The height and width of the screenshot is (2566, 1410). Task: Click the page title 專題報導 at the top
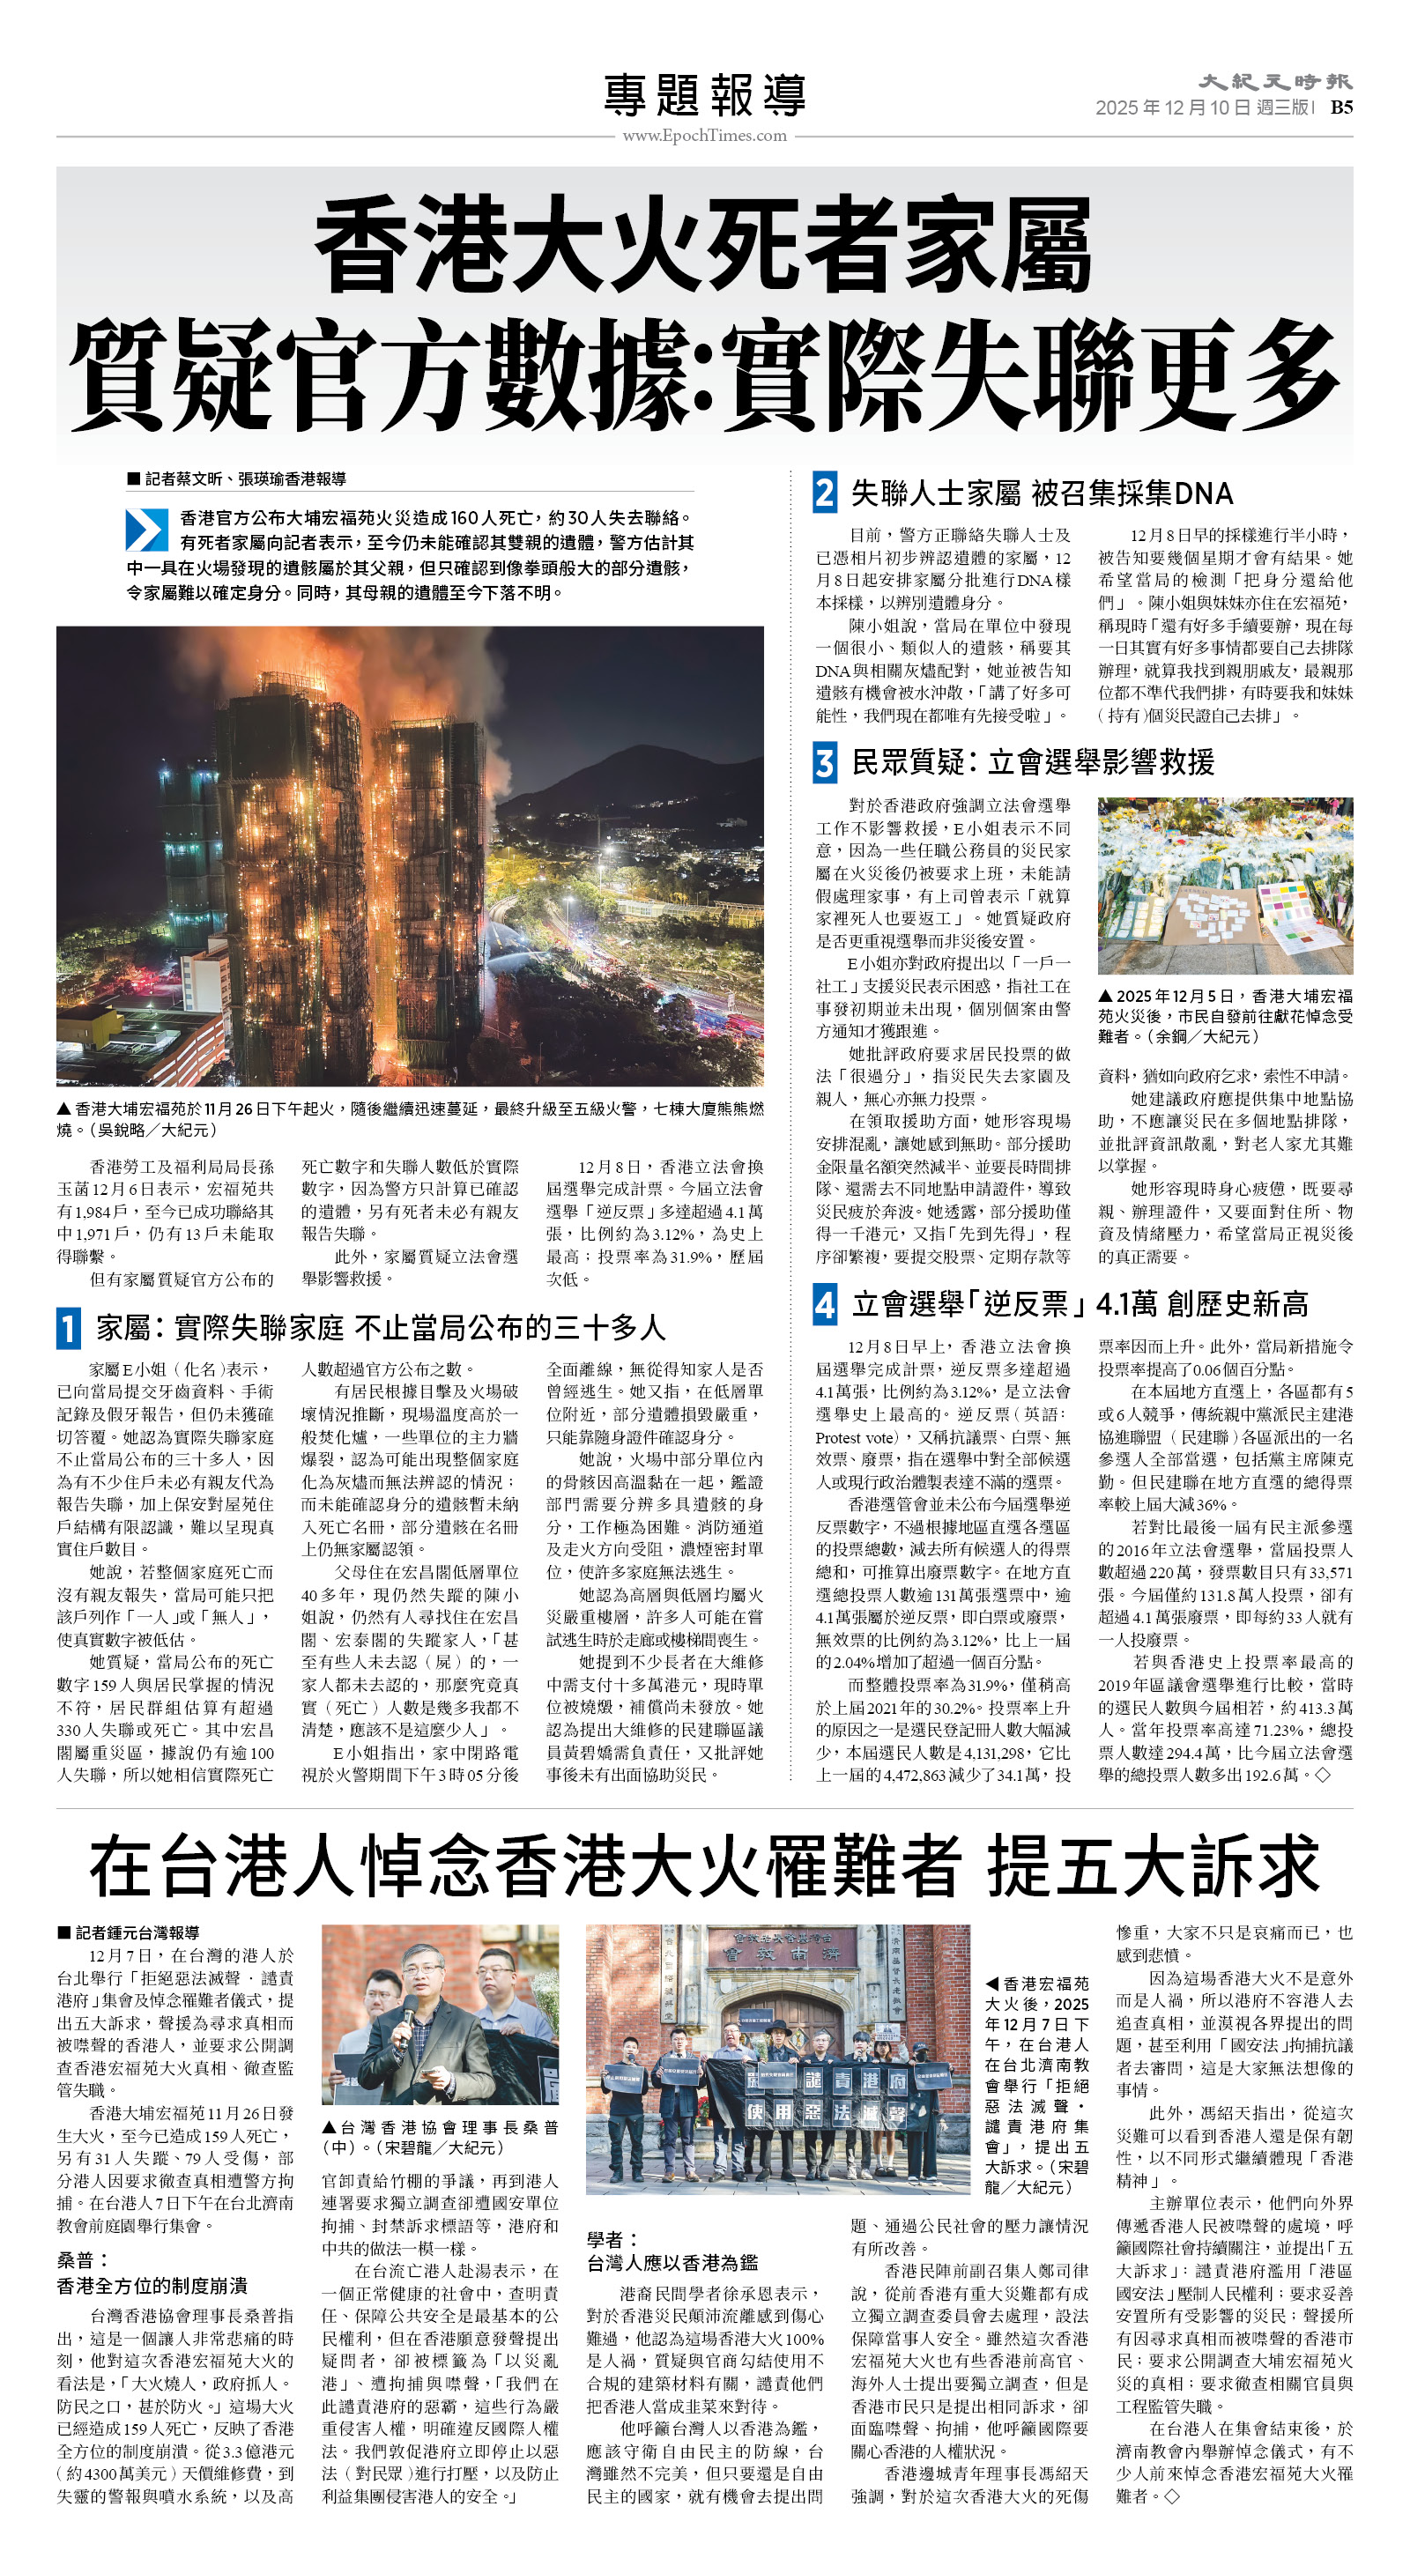tap(704, 96)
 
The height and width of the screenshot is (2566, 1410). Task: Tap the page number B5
tap(1340, 108)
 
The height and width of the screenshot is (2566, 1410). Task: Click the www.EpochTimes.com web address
tap(704, 136)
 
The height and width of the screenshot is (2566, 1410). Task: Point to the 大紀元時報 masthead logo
tap(1274, 82)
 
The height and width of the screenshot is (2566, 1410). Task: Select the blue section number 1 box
tap(68, 1328)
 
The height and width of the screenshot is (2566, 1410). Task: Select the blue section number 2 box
tap(824, 493)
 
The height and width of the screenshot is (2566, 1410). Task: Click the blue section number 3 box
tap(824, 763)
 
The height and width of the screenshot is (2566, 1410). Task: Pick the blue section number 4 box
tap(824, 1304)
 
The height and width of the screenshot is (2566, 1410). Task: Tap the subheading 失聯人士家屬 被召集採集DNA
tap(1042, 493)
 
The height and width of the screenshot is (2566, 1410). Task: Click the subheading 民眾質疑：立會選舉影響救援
tap(1032, 763)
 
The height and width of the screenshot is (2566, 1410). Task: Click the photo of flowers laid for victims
tap(1225, 886)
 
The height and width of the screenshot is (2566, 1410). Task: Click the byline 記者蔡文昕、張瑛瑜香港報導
tap(244, 479)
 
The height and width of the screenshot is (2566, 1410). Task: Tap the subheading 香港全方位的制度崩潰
tap(152, 2285)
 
